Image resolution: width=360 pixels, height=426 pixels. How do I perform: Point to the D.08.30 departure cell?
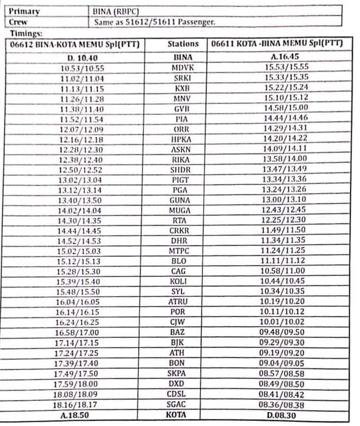click(x=281, y=415)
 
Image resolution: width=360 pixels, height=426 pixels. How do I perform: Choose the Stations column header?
click(x=183, y=44)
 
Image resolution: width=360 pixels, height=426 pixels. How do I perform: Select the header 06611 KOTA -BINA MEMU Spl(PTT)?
click(x=277, y=44)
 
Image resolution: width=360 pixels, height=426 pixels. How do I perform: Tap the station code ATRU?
click(x=179, y=301)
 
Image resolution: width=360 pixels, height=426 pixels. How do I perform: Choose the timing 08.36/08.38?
click(x=281, y=404)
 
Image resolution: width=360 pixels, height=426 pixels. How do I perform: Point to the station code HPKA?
click(x=181, y=139)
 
